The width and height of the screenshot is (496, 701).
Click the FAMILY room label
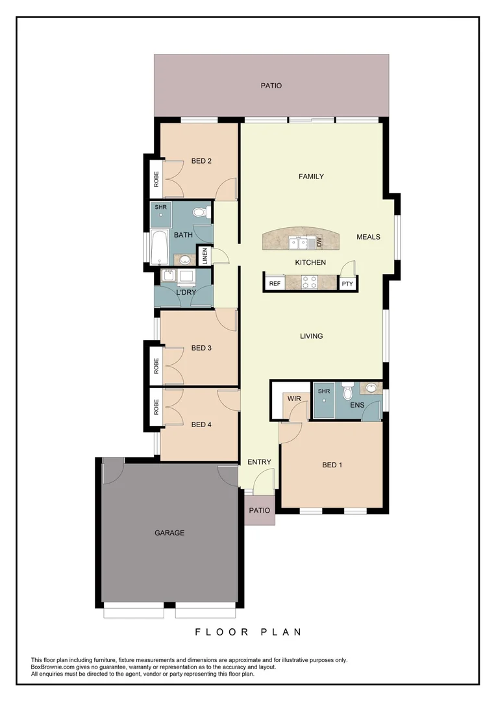pos(311,177)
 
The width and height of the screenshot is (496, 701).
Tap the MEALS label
pos(368,237)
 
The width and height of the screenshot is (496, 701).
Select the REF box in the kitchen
pos(275,284)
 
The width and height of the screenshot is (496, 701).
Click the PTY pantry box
pos(347,284)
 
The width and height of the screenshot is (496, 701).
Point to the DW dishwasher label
pos(319,242)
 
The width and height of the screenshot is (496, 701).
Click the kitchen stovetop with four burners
pos(309,282)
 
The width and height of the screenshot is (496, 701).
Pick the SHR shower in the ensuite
pos(323,400)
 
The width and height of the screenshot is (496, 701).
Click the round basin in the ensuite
pos(371,389)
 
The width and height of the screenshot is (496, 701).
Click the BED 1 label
pos(332,465)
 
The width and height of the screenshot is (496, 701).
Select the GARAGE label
pos(169,533)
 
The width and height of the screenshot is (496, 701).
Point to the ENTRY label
pos(259,462)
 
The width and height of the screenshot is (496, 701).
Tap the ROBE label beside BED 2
pos(156,178)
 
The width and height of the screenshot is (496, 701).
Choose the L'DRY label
pos(186,292)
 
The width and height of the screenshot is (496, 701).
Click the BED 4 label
pos(201,424)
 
